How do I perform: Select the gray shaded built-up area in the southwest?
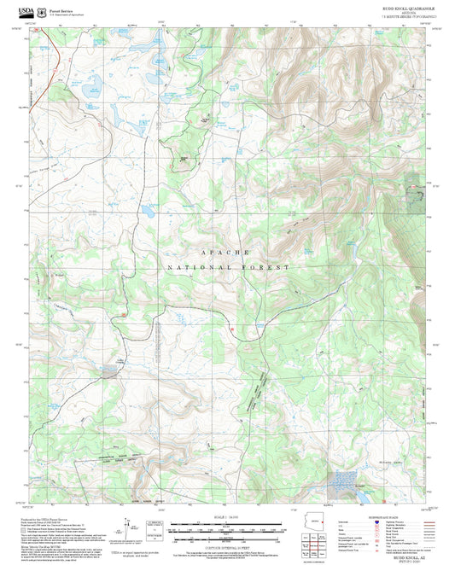pyautogui.click(x=110, y=371)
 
